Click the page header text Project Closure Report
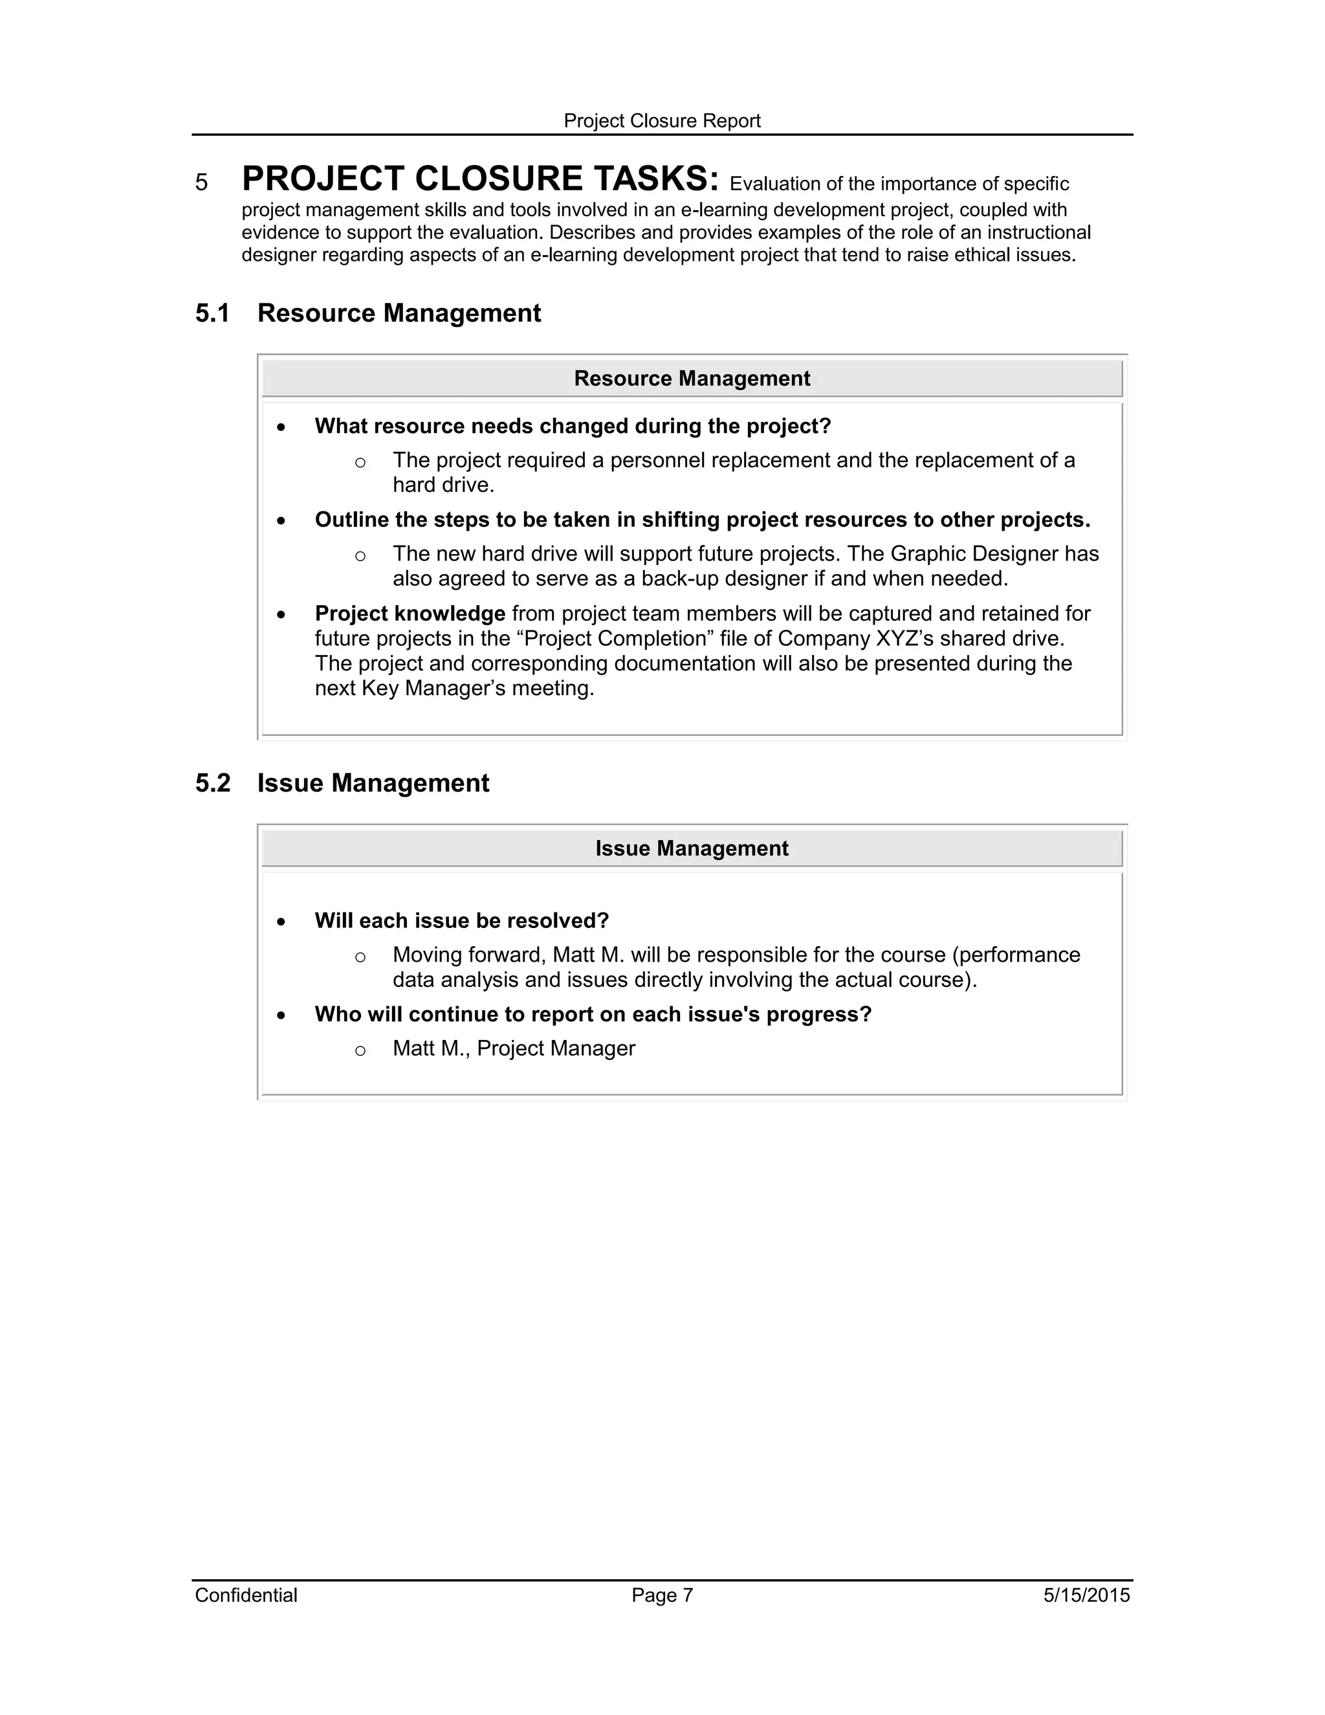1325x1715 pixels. tap(662, 121)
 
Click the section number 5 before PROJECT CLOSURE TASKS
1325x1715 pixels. tap(202, 183)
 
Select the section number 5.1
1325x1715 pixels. tap(212, 313)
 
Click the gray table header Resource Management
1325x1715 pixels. tap(692, 379)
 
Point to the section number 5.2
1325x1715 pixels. tap(212, 783)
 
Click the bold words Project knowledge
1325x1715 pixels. tap(410, 614)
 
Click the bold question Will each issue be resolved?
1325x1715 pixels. tap(461, 920)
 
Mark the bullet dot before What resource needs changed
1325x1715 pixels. tap(281, 427)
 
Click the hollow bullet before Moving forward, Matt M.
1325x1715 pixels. tap(360, 957)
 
